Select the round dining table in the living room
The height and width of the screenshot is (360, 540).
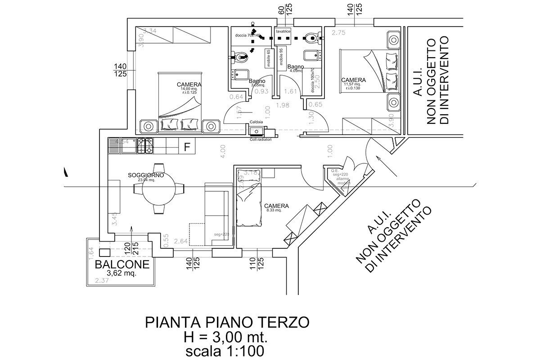click(x=160, y=189)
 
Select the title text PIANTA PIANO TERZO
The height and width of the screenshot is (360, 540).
click(x=227, y=322)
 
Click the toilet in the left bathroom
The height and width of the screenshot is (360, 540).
click(x=240, y=57)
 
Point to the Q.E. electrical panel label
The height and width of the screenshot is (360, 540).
click(x=334, y=171)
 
